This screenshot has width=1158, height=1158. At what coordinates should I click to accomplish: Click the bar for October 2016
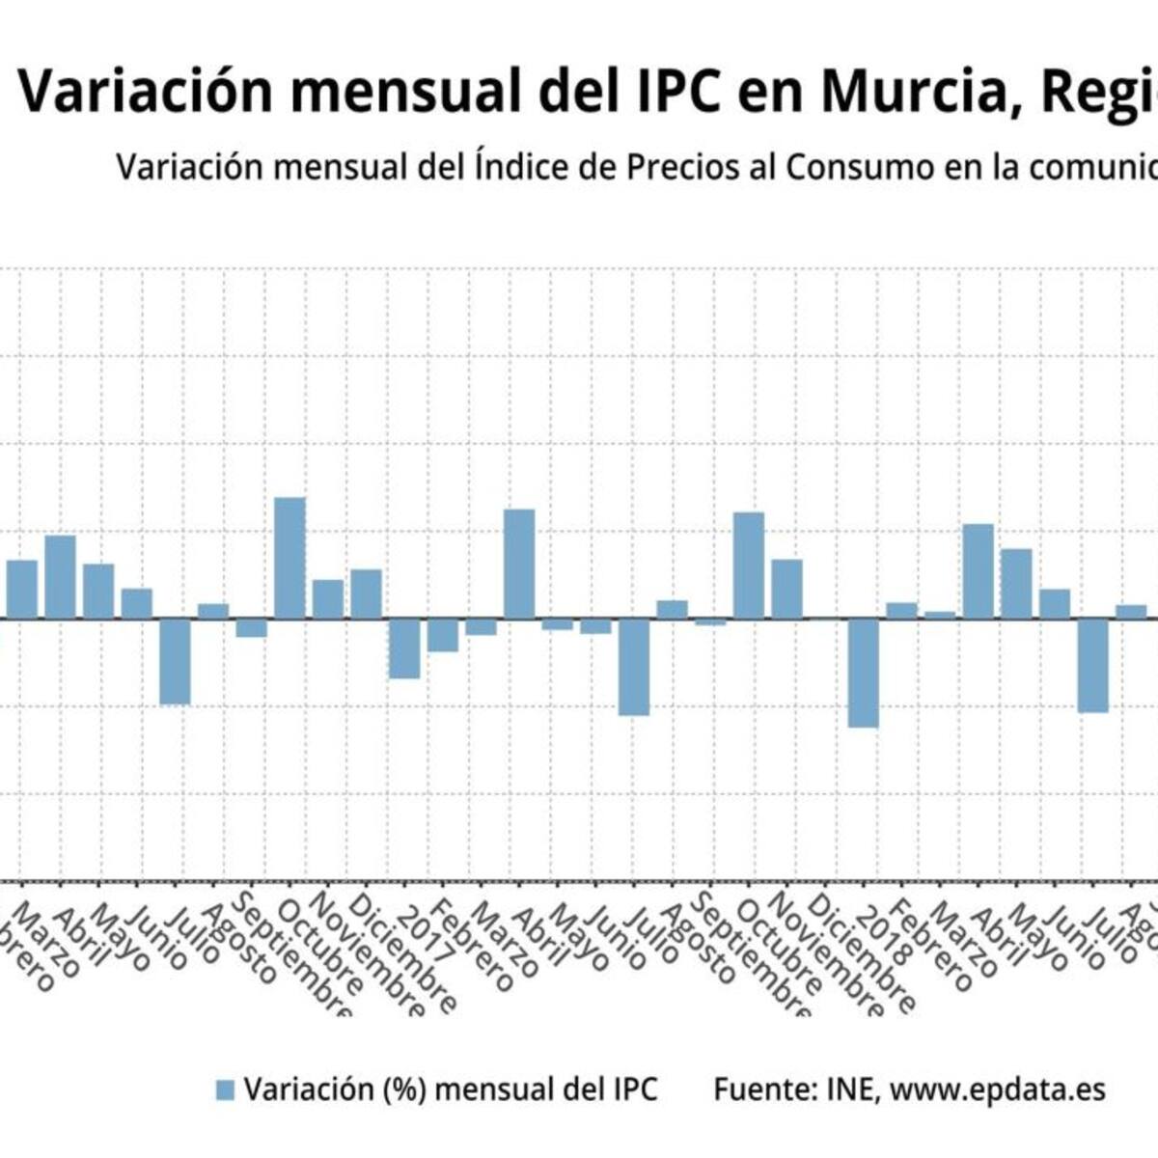(290, 558)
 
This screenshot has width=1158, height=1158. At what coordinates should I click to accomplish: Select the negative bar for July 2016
(175, 661)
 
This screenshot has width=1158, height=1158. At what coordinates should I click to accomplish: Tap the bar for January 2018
(863, 673)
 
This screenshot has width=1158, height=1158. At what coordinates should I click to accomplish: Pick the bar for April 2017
(519, 564)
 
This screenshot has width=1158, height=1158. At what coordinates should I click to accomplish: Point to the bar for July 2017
(634, 667)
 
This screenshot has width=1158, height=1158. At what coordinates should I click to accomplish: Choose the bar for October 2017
(749, 565)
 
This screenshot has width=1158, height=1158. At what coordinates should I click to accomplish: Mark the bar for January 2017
(404, 648)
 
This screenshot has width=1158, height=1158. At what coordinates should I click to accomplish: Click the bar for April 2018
(979, 571)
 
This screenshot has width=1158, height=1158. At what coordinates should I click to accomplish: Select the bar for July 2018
(1092, 665)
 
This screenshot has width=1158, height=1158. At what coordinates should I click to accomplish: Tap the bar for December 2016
(366, 593)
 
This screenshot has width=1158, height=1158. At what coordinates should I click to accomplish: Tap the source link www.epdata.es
(997, 1089)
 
